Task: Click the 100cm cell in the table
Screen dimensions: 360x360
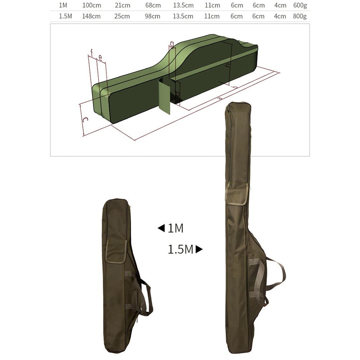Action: click(92, 5)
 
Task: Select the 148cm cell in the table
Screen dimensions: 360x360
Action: click(91, 16)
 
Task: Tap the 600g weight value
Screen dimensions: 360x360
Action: click(300, 5)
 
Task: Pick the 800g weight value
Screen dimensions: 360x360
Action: click(300, 16)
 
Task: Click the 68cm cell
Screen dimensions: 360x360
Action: click(153, 5)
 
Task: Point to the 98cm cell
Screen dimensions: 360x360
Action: click(152, 16)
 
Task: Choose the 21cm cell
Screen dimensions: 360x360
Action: click(123, 5)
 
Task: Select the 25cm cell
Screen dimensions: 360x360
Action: click(122, 16)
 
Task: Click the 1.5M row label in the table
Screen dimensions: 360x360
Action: click(65, 16)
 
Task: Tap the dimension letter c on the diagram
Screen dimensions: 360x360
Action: click(85, 120)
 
